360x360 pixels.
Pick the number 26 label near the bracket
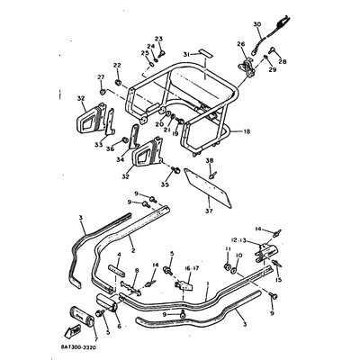coord(239,43)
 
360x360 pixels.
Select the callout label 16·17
coord(185,267)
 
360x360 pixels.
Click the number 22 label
coord(116,67)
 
